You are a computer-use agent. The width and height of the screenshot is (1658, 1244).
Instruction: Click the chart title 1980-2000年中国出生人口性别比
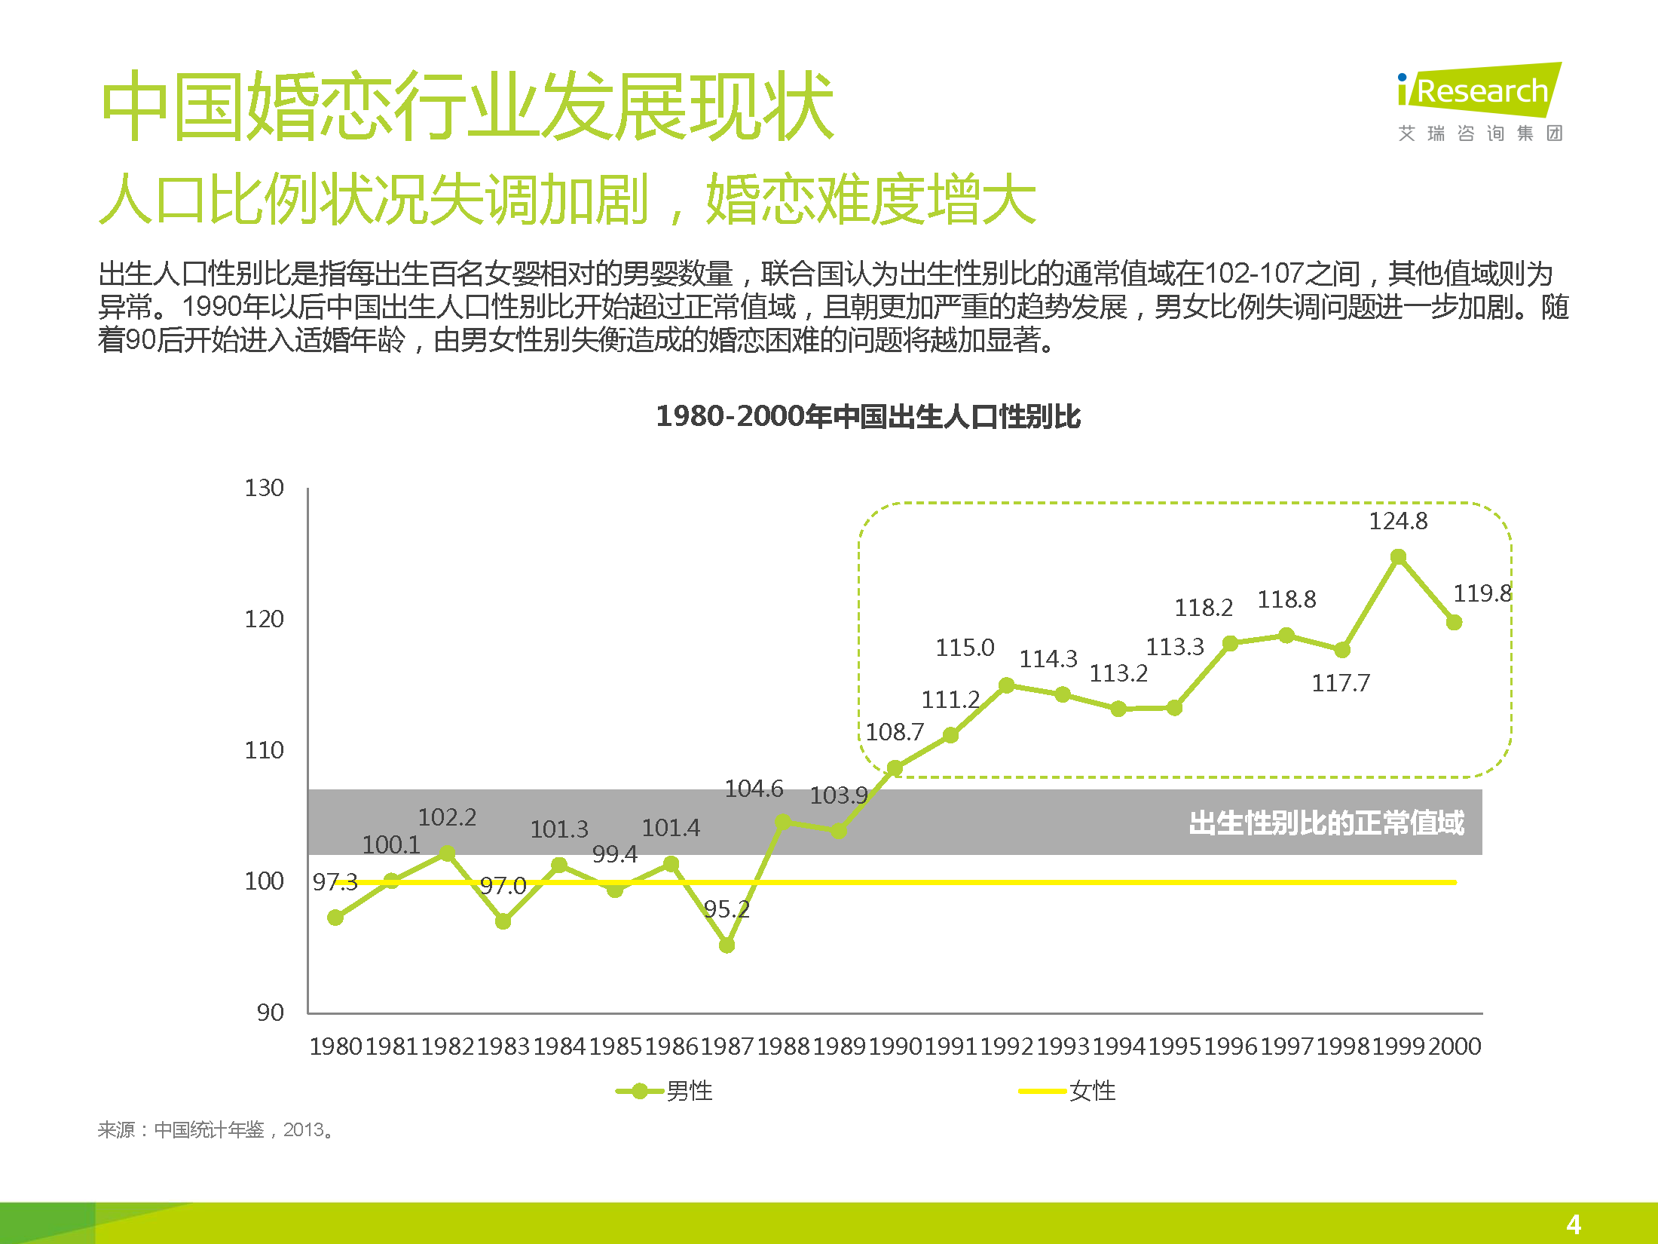[x=868, y=416]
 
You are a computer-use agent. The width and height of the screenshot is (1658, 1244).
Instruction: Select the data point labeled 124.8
[x=1398, y=557]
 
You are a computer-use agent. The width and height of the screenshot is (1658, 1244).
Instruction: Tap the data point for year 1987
[x=727, y=945]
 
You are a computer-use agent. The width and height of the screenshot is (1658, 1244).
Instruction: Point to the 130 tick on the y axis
[x=264, y=488]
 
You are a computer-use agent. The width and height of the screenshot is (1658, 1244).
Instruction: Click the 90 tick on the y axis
[x=270, y=1013]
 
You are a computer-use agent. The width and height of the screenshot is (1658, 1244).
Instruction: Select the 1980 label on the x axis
[x=335, y=1046]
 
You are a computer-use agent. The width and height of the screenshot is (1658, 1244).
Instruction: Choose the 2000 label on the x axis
[x=1455, y=1046]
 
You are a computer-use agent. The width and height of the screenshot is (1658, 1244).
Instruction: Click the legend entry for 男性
[x=665, y=1091]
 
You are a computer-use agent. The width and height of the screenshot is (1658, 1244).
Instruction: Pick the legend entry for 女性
[x=1068, y=1091]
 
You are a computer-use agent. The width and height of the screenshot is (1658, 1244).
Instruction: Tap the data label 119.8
[x=1482, y=593]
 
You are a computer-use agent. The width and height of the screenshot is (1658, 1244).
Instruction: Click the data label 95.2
[x=727, y=909]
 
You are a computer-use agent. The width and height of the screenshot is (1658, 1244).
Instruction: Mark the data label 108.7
[x=895, y=732]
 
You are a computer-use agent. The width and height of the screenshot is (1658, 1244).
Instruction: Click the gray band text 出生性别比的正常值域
[x=1326, y=823]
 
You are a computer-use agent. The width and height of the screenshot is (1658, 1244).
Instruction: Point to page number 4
[x=1574, y=1224]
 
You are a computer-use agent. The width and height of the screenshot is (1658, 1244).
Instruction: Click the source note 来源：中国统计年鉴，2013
[x=216, y=1129]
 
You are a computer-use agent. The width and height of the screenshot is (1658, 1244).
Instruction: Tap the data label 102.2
[x=447, y=817]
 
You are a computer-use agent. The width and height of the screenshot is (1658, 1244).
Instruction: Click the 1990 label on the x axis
[x=895, y=1046]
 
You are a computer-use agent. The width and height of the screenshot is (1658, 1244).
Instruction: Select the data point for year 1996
[x=1230, y=643]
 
